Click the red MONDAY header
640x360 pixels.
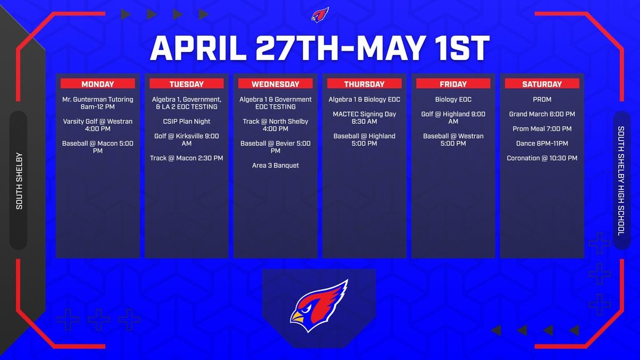[x=97, y=84]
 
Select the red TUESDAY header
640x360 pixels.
[x=186, y=84]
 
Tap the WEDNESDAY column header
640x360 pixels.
[x=276, y=84]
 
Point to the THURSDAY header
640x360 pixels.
[x=364, y=84]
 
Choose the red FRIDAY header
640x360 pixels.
[x=453, y=84]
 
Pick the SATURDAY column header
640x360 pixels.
[x=542, y=84]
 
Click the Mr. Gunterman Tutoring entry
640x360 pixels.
[x=97, y=103]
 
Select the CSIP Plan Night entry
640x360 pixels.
[x=186, y=121]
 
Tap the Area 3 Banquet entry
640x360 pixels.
[x=276, y=166]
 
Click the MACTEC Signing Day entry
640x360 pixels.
[x=364, y=117]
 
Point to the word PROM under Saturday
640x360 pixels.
[x=542, y=99]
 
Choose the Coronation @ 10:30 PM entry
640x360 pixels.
[x=542, y=158]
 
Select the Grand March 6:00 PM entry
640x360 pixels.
[x=542, y=114]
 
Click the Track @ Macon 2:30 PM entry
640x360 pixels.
[x=186, y=158]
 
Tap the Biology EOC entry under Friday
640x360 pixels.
[x=453, y=99]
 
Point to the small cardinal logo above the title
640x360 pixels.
[x=320, y=14]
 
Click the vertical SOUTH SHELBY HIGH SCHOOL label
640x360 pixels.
[x=621, y=181]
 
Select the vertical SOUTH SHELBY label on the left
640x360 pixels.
[x=19, y=181]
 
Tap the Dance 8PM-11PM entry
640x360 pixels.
[x=542, y=144]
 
